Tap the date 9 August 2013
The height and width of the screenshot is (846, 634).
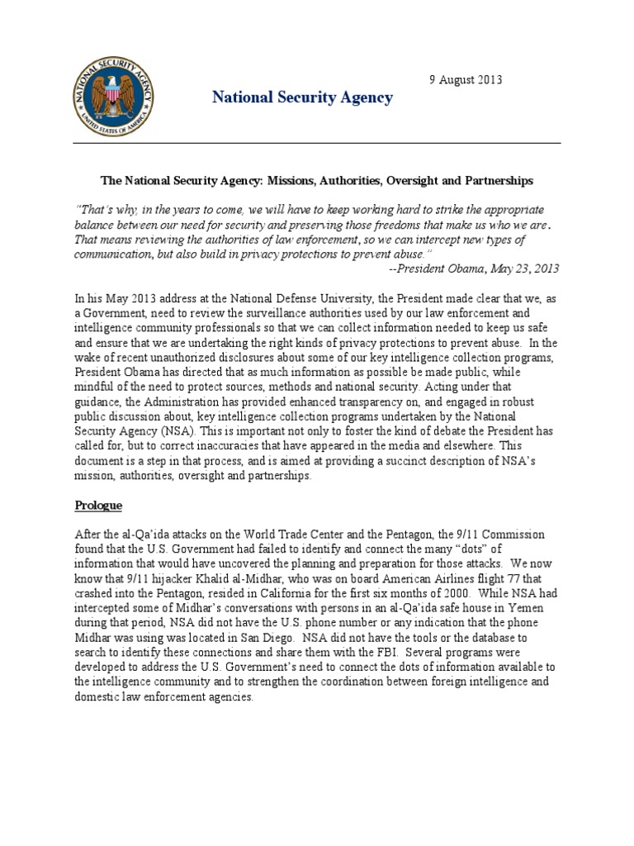click(465, 80)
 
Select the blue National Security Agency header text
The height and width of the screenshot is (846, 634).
click(302, 98)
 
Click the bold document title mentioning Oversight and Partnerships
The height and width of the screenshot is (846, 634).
click(317, 179)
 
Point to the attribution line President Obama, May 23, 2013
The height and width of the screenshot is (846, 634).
click(485, 268)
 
